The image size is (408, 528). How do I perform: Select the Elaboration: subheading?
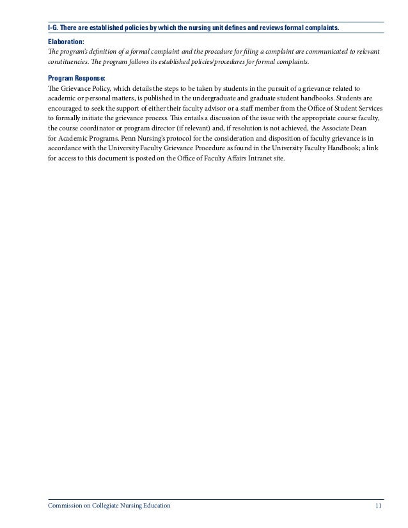(x=66, y=40)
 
